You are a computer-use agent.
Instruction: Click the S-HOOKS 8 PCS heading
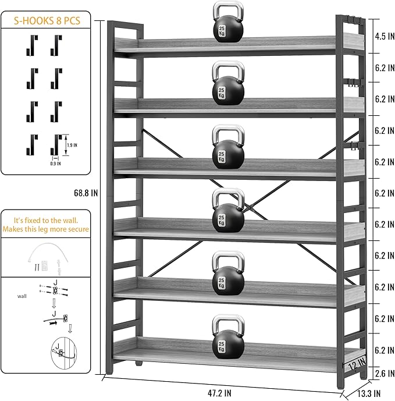point(47,20)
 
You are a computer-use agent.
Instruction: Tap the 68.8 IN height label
point(86,193)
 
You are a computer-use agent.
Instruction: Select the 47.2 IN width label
point(219,393)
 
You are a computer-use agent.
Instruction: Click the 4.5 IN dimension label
point(385,36)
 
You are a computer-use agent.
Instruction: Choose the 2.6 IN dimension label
point(385,374)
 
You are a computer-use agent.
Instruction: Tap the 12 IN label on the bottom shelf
point(357,364)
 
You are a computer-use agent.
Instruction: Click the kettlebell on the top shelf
point(228,22)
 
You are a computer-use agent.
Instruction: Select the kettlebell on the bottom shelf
point(228,336)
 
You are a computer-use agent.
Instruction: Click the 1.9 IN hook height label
point(72,145)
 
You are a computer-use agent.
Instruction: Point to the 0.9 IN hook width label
point(55,164)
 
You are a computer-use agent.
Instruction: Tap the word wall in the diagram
point(22,296)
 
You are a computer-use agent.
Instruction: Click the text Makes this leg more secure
point(46,229)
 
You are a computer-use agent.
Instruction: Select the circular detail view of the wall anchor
point(63,353)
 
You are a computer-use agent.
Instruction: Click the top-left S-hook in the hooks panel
point(32,45)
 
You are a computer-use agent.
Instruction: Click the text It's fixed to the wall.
point(46,220)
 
